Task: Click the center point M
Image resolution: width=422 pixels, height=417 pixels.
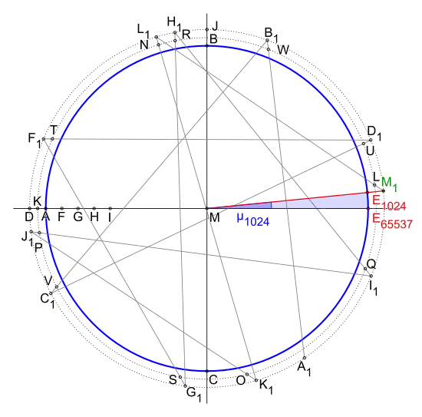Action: coord(206,208)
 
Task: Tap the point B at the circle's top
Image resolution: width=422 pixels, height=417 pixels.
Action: coord(206,46)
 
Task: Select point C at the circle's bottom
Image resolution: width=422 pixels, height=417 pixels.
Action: coord(206,371)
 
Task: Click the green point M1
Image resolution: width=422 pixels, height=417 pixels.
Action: coord(383,190)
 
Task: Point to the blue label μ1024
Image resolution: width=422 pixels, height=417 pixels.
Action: coord(253,220)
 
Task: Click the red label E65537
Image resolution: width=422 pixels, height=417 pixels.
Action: coord(392,221)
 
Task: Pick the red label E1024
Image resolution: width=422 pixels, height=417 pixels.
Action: coord(389,203)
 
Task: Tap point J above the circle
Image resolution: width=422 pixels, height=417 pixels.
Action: coord(206,29)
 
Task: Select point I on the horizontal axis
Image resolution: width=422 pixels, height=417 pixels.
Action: coord(110,208)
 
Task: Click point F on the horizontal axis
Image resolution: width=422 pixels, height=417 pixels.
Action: coord(62,208)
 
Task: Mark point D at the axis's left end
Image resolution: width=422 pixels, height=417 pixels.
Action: coord(30,208)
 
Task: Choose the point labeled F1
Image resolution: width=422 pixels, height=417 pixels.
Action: coord(43,139)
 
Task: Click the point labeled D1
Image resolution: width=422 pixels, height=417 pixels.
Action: coord(371,140)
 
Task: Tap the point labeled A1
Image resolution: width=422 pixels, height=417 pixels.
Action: coord(305,358)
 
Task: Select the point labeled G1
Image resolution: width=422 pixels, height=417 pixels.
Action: coord(185,386)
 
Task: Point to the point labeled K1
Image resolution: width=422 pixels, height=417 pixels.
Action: coord(256,380)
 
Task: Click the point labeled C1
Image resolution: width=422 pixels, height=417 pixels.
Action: coord(51,293)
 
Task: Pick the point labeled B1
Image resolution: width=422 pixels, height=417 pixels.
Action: coord(267,40)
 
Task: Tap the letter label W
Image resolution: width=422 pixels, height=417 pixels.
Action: coord(283,50)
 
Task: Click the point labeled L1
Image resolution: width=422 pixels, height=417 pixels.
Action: coord(156,37)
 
